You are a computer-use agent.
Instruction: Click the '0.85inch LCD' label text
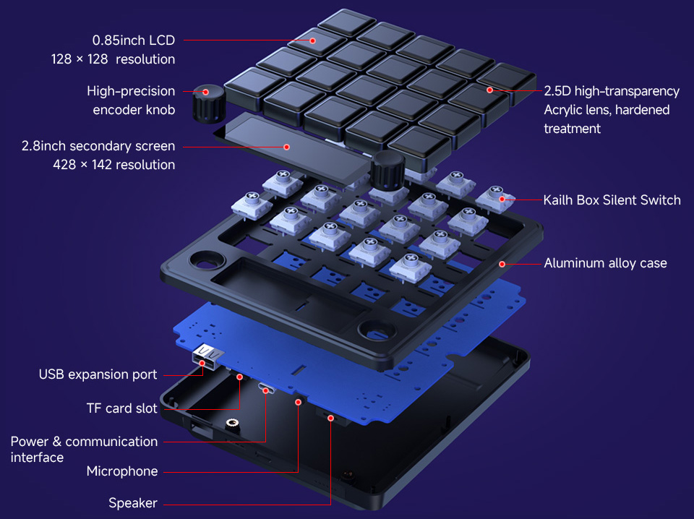133,40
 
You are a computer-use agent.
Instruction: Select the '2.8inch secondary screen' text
98,146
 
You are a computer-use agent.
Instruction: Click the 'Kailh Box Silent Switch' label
612,200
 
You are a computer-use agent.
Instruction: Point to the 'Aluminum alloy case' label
605,263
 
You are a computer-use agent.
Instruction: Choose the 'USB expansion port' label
98,374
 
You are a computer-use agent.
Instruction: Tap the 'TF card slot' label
121,408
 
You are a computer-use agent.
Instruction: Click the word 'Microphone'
122,471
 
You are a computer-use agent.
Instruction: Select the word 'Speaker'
133,503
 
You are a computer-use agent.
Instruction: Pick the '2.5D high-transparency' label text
612,91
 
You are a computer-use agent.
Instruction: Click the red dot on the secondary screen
286,147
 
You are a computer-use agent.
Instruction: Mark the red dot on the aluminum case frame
501,264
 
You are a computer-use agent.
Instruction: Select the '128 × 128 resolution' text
113,59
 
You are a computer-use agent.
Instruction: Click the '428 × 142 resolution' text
113,165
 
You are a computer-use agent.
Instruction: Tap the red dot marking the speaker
331,418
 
